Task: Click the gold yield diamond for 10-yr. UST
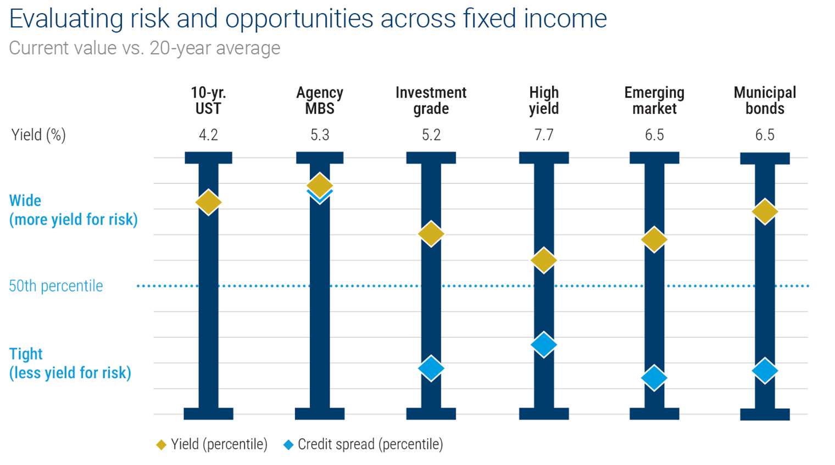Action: [x=208, y=202]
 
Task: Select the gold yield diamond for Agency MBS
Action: [x=320, y=184]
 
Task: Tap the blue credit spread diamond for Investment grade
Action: [x=431, y=368]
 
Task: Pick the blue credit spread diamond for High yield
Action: [x=544, y=345]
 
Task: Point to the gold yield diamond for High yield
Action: [x=544, y=260]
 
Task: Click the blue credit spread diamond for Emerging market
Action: [x=654, y=378]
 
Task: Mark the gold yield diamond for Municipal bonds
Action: [x=765, y=211]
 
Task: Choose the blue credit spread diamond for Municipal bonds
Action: [x=765, y=371]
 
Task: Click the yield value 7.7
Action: [x=544, y=135]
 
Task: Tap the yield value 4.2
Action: [x=208, y=135]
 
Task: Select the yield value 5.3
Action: [x=320, y=135]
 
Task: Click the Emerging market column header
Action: [x=654, y=100]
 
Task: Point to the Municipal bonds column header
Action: [x=765, y=100]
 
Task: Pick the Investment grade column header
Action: [x=431, y=100]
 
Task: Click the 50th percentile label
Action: [x=56, y=286]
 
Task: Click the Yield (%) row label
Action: [x=38, y=135]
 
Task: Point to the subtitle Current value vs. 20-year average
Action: [x=144, y=48]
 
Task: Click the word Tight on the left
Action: [x=26, y=354]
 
